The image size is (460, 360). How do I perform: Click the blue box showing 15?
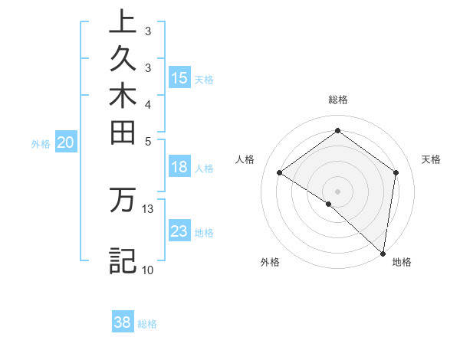179,77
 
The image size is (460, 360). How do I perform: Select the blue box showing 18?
179,168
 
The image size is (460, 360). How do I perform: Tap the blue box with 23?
179,231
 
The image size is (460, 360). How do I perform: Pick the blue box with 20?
67,142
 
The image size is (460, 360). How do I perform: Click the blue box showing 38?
123,322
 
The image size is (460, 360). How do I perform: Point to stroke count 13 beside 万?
148,208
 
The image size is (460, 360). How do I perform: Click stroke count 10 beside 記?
148,270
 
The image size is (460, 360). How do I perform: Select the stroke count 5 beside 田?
148,141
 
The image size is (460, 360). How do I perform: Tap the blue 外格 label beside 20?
41,142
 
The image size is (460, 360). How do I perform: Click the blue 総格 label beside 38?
147,324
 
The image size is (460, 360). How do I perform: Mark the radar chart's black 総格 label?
337,100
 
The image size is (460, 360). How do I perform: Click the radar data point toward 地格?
383,253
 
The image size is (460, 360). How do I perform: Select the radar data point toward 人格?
280,172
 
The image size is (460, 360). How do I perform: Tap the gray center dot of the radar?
337,191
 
